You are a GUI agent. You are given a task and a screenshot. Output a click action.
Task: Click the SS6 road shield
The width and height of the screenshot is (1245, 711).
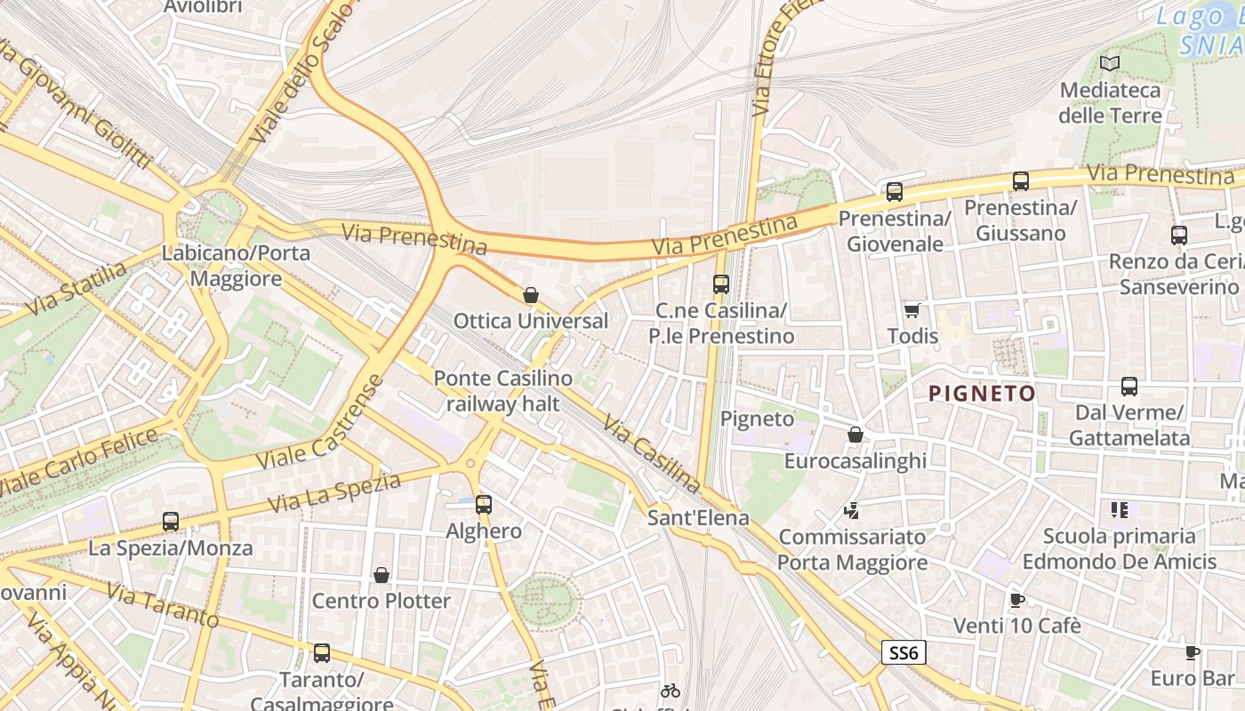click(904, 653)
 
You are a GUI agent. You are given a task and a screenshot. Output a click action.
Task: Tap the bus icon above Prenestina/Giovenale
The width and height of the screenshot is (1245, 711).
click(895, 191)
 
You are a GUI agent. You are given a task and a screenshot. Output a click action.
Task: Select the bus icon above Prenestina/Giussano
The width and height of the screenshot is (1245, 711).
click(1021, 181)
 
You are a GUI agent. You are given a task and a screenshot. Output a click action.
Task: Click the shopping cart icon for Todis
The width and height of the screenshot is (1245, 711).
click(912, 310)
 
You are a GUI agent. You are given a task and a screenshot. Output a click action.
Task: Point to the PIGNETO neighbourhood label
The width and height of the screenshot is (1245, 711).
click(982, 393)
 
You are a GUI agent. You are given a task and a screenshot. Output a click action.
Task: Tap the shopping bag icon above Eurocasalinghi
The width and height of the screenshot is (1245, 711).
click(855, 435)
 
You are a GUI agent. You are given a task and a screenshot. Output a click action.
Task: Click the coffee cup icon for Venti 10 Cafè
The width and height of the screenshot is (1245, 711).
click(1017, 600)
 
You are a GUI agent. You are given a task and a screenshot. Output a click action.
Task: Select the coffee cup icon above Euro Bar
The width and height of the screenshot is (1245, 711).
click(1193, 652)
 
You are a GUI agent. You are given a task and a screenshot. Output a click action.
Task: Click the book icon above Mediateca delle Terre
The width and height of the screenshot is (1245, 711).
click(1109, 63)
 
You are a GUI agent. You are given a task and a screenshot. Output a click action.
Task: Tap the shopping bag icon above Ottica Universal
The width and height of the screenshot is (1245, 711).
click(531, 295)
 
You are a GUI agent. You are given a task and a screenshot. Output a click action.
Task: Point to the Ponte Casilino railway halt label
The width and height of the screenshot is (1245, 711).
click(503, 391)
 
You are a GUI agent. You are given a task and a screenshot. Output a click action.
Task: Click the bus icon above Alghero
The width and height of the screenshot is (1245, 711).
click(484, 505)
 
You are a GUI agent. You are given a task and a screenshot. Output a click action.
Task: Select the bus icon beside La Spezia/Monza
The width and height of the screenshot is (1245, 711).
click(171, 522)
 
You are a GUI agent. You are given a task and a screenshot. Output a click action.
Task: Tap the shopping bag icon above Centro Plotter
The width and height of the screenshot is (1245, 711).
click(382, 575)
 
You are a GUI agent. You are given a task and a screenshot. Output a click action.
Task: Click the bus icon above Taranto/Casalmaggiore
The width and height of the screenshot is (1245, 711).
click(322, 653)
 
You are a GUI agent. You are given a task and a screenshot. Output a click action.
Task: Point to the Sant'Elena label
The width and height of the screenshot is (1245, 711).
click(698, 517)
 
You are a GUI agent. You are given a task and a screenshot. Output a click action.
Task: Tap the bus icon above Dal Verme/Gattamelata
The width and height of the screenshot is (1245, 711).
click(1129, 387)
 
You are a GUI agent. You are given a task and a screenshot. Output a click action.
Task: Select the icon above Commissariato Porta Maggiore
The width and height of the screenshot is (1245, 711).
click(852, 511)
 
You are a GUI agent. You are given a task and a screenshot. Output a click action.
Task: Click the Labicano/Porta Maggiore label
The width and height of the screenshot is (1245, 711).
click(236, 265)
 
